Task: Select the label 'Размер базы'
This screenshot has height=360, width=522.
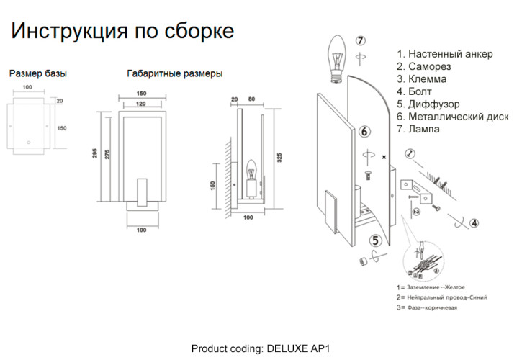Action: click(x=38, y=73)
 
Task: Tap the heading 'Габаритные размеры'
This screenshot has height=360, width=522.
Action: click(x=174, y=73)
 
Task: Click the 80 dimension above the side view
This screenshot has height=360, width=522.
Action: click(x=251, y=99)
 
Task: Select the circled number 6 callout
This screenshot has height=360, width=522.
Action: click(x=364, y=131)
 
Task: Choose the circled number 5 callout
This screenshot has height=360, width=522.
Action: click(x=375, y=241)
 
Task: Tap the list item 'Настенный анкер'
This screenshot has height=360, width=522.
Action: click(x=444, y=54)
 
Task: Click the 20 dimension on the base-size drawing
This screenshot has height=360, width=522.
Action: click(x=59, y=101)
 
